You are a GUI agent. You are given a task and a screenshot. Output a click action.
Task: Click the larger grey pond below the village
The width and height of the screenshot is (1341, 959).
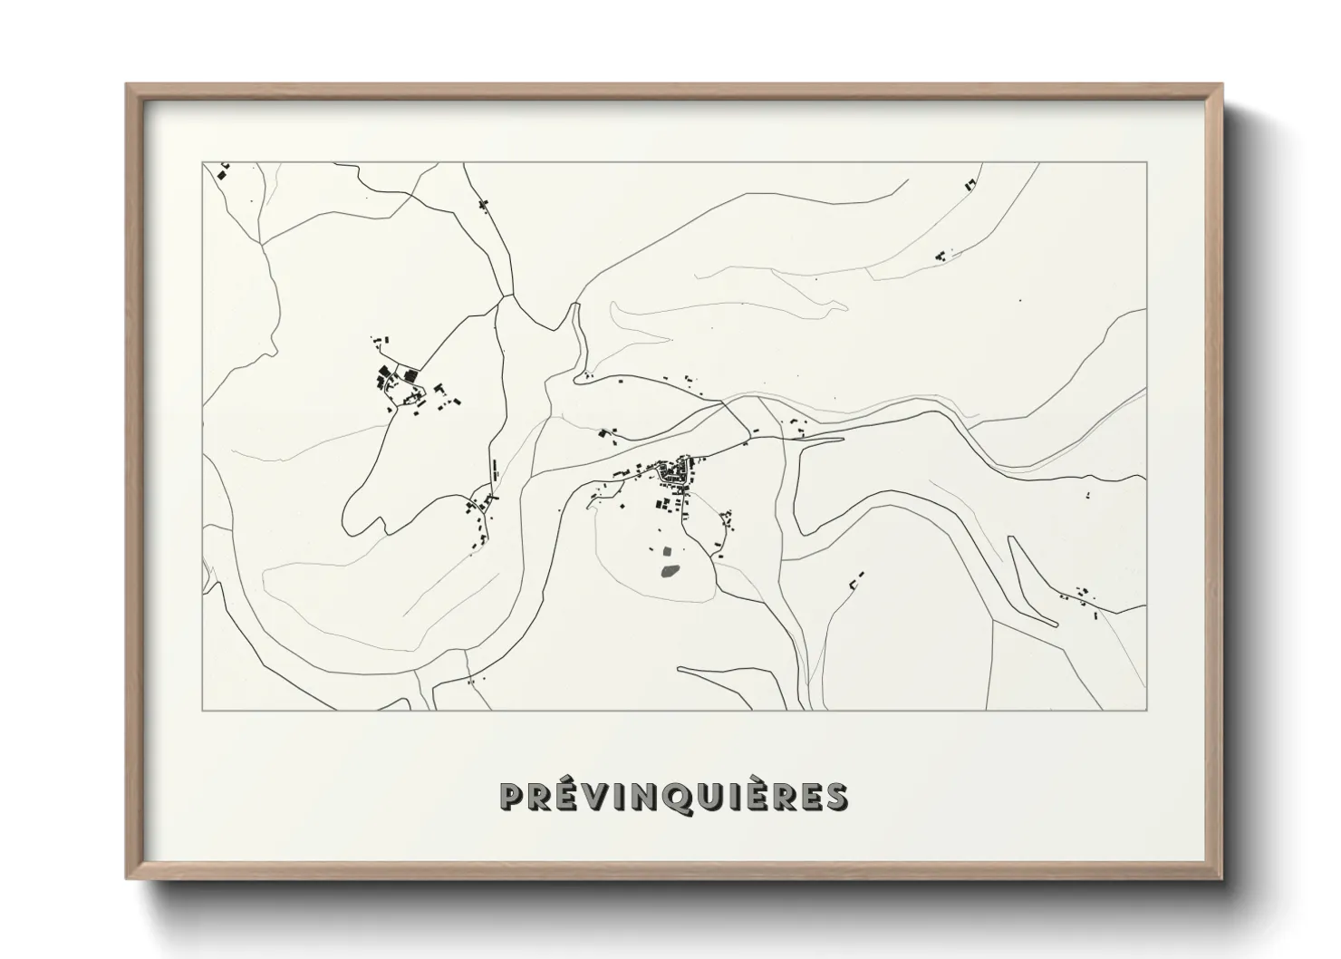(670, 571)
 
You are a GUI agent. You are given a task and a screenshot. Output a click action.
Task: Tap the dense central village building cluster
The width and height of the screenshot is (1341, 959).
(675, 471)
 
